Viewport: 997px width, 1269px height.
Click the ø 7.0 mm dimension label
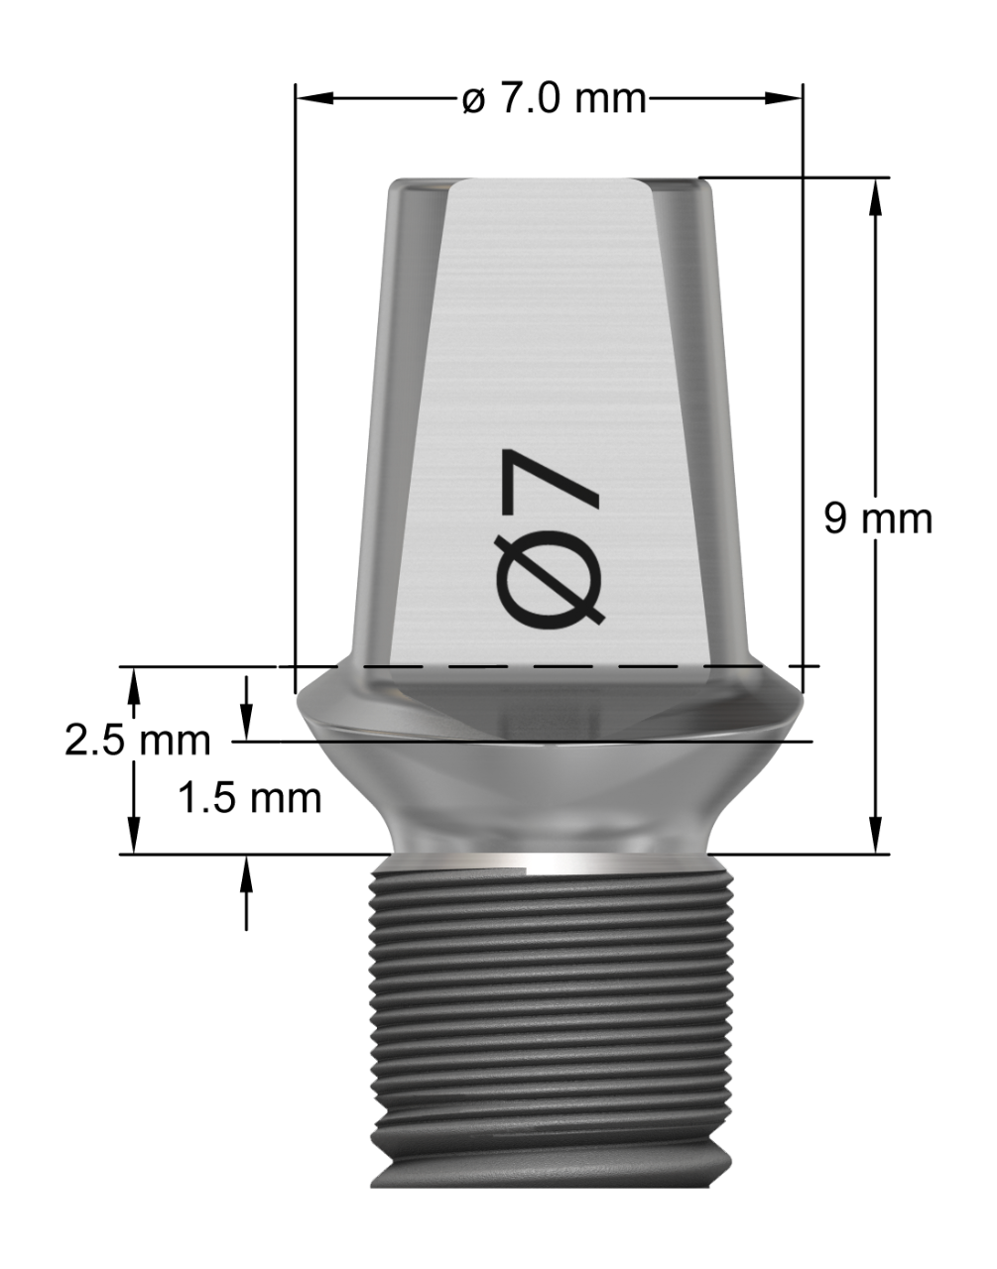(x=555, y=99)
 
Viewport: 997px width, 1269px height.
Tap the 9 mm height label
(x=878, y=518)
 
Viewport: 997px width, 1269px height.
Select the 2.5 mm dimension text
(x=138, y=741)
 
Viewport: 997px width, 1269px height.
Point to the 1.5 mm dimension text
(x=250, y=798)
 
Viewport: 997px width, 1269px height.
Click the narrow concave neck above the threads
(x=551, y=803)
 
